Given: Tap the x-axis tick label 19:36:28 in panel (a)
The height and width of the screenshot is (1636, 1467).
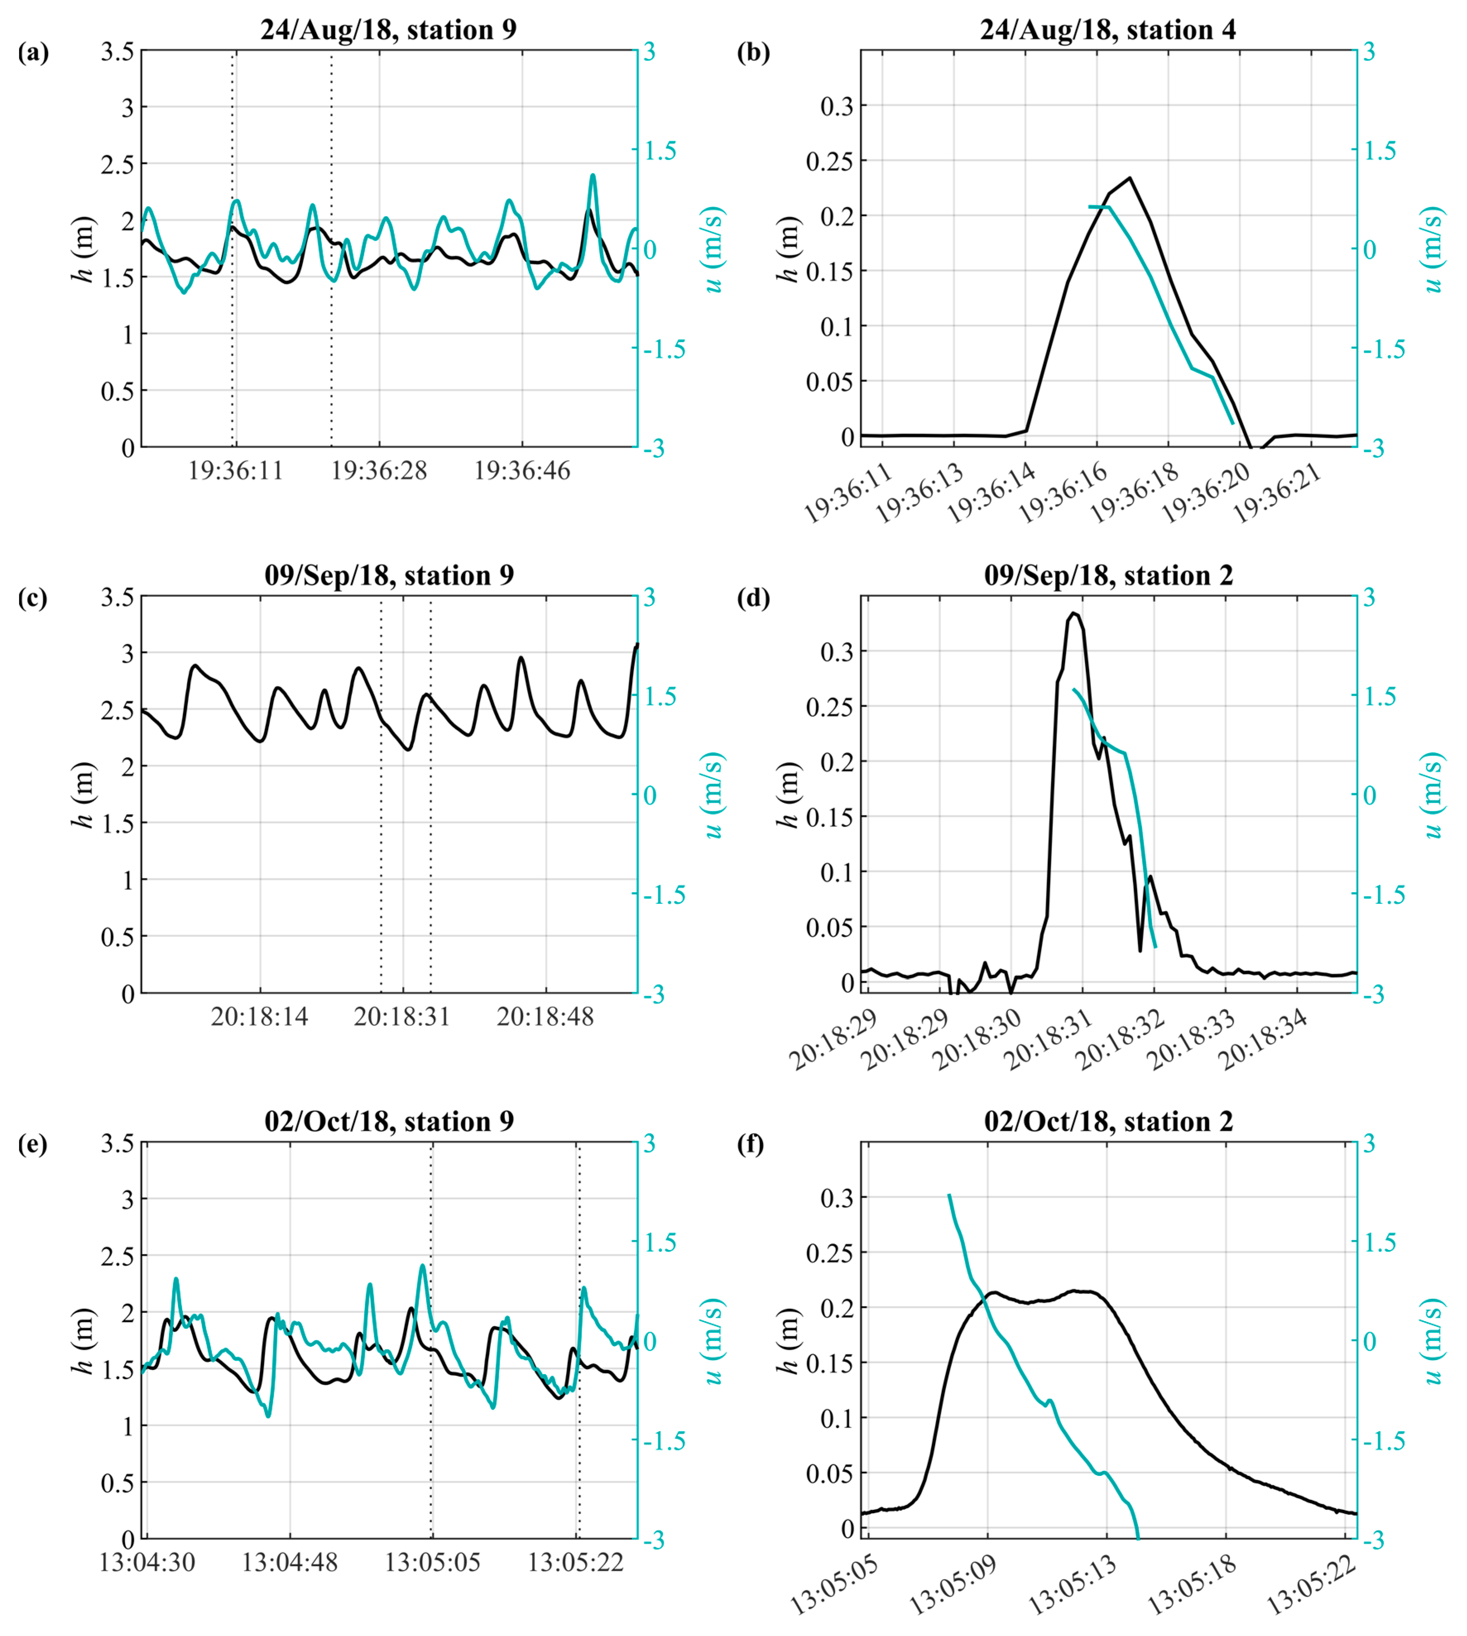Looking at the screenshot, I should tap(379, 470).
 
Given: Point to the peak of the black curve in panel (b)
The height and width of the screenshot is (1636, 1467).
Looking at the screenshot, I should tap(1130, 178).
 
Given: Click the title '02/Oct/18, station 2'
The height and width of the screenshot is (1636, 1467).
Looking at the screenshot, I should tap(1108, 1121).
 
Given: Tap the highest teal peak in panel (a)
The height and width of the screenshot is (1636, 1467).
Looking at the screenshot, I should tap(592, 175).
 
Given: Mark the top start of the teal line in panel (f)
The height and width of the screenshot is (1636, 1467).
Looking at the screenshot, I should tap(949, 1195).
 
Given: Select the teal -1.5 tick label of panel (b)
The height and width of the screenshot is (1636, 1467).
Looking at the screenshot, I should tap(1384, 349).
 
